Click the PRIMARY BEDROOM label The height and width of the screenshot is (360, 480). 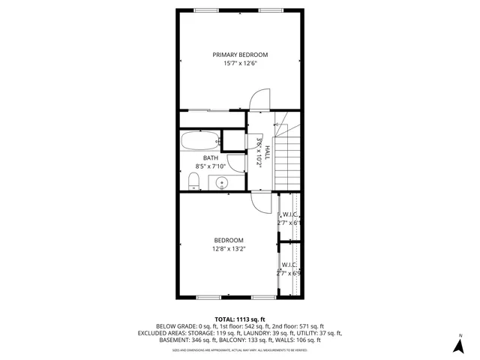click(240, 55)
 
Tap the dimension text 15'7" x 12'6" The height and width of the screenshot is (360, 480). click(240, 64)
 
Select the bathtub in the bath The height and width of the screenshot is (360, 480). click(199, 140)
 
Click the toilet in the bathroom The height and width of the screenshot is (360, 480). click(193, 179)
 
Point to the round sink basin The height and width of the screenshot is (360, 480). click(222, 182)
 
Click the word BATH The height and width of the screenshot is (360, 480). click(210, 157)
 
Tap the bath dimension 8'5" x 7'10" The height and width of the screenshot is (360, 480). click(210, 166)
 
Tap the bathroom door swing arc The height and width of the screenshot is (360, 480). click(233, 163)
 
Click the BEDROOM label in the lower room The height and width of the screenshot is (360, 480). click(229, 240)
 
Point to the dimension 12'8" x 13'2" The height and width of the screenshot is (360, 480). click(229, 249)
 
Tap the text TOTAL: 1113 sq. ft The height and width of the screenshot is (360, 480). click(240, 319)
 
